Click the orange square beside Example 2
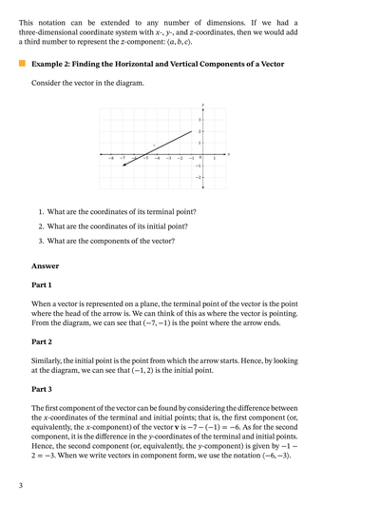(x=22, y=63)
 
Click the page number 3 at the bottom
(x=21, y=486)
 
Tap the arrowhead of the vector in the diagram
(x=123, y=166)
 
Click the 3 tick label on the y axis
(x=199, y=120)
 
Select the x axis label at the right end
(x=230, y=153)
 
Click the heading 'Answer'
(x=45, y=266)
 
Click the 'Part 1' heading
(x=42, y=284)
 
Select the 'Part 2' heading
(x=42, y=341)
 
